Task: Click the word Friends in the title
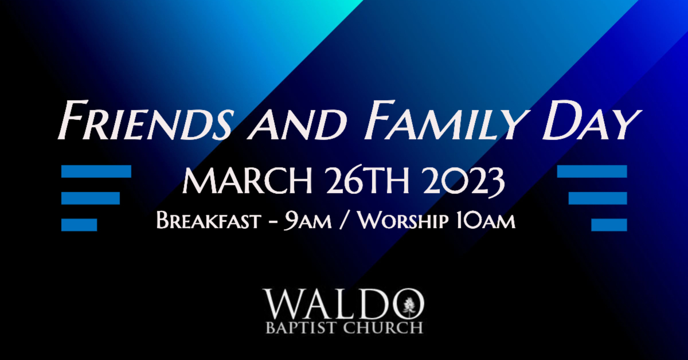[144, 121]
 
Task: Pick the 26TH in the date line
[368, 181]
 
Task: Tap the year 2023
[463, 182]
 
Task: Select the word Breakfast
[209, 220]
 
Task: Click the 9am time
[307, 221]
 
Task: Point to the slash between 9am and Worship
[345, 220]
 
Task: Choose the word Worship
[402, 220]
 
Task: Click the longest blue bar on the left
[96, 171]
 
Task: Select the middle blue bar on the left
[91, 198]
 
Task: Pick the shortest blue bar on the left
[79, 225]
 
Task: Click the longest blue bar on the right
[592, 171]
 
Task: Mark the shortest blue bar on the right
[609, 225]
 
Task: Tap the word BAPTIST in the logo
[303, 328]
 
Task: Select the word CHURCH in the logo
[384, 328]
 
